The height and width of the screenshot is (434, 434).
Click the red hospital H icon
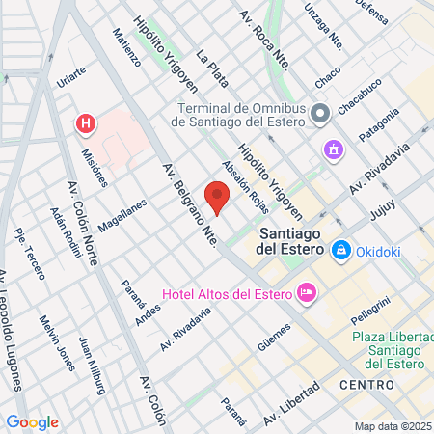click(87, 123)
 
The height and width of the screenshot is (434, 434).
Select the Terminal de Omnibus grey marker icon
click(321, 113)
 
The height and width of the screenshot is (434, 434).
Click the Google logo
click(33, 421)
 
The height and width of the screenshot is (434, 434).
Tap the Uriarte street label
click(72, 77)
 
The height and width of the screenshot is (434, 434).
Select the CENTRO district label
click(366, 385)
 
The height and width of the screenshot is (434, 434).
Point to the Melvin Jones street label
click(57, 341)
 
